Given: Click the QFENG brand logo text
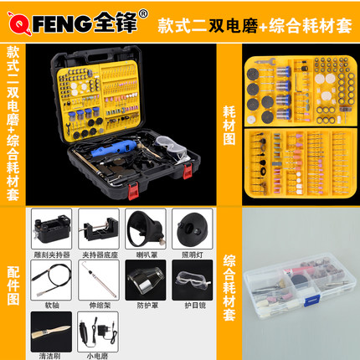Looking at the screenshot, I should [x=59, y=16].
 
